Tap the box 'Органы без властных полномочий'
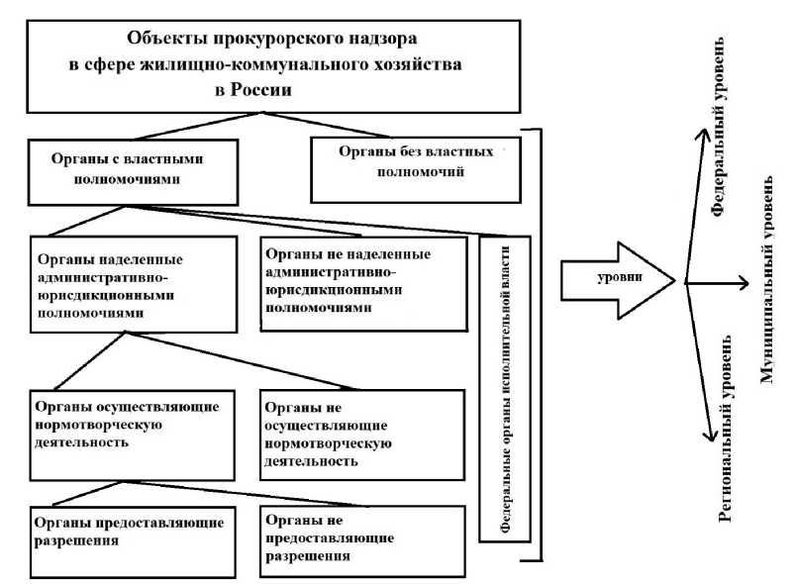pyautogui.click(x=416, y=168)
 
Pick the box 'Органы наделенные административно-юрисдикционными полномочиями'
pyautogui.click(x=135, y=284)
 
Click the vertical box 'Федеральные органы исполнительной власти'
pyautogui.click(x=505, y=388)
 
